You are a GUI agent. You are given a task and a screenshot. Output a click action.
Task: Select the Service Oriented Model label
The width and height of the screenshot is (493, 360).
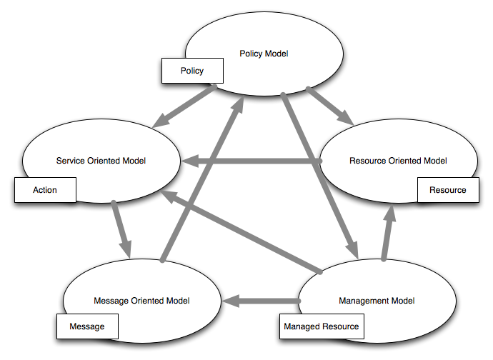(101, 161)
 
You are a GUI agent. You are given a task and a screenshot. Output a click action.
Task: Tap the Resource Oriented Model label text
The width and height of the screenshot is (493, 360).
(398, 161)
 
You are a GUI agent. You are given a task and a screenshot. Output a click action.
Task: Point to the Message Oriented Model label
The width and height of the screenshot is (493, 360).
(142, 301)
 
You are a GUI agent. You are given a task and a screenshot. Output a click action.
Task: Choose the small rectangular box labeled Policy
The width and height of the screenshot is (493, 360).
(191, 71)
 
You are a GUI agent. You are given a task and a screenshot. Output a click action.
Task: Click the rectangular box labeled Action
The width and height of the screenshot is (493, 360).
(45, 190)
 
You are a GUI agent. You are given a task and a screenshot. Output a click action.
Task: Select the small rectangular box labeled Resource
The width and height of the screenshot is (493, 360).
(447, 190)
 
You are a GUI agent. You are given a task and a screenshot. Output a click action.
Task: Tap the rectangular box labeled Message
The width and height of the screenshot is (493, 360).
(87, 326)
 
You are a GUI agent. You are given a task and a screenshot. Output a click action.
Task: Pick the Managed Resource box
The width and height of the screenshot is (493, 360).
(321, 326)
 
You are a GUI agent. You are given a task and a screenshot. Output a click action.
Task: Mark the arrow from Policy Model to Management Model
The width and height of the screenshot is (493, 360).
(319, 171)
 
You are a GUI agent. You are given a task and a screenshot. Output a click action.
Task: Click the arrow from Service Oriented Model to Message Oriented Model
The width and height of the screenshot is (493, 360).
(121, 229)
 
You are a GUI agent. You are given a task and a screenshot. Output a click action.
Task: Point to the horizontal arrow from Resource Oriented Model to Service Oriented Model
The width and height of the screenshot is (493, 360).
(250, 161)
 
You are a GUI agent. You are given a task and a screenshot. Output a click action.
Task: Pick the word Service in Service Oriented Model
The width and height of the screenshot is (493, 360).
(70, 161)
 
